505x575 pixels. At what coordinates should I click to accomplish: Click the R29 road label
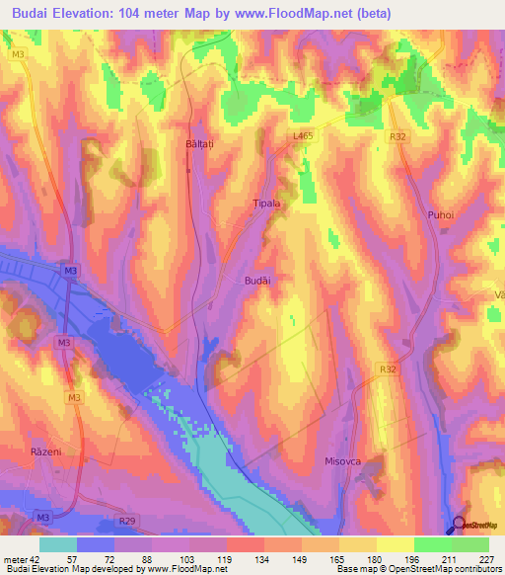click(126, 520)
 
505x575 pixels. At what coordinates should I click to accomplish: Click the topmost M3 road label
click(18, 55)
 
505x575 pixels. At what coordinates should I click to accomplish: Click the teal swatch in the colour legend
click(58, 544)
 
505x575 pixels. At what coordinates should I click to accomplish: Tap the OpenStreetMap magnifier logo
click(460, 525)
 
